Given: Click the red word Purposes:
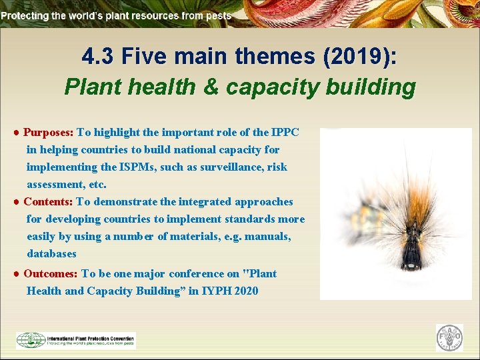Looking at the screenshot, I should pos(49,132).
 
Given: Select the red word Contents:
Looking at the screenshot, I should pos(48,201).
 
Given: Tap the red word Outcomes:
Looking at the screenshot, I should pos(51,273).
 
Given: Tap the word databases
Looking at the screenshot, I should pos(51,253).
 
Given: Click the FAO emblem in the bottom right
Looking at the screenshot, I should pos(449,338).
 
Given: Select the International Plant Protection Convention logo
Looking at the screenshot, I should pos(76,340).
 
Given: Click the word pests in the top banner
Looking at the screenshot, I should pos(219,15).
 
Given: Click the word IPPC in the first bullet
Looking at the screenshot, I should pos(285,132).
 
